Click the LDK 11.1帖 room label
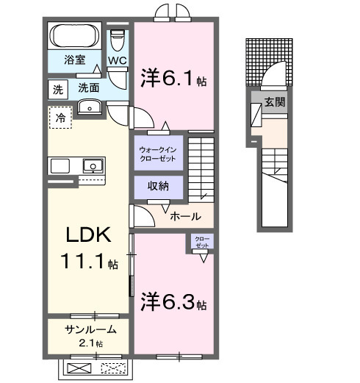coord(89,248)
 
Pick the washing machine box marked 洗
coord(57,89)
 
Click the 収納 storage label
coord(158,186)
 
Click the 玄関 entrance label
coord(276,101)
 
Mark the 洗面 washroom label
coord(90,87)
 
